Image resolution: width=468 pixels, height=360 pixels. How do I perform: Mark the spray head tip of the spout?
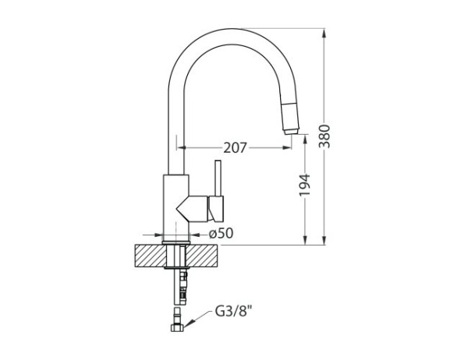click(x=291, y=129)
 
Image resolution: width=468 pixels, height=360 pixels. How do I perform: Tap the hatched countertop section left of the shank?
click(x=149, y=255)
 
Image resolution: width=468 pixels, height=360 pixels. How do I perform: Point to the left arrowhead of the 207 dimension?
click(x=182, y=146)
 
